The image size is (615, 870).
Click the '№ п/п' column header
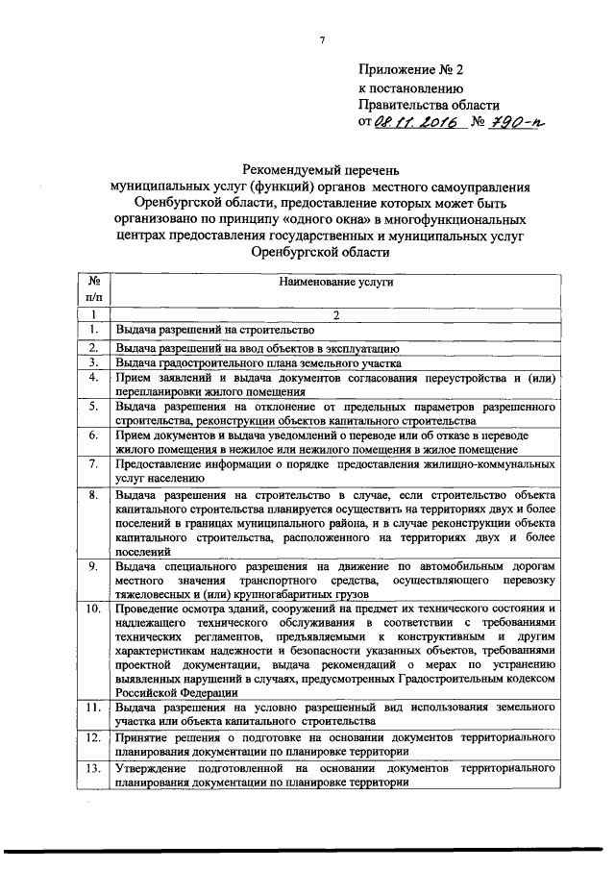tap(94, 291)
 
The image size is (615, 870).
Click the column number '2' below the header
tap(336, 314)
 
